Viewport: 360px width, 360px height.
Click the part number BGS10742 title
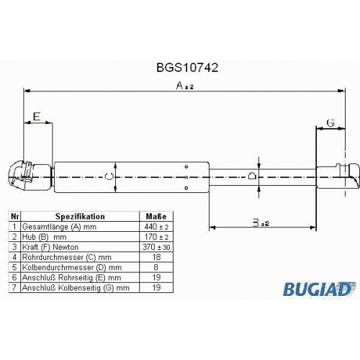coord(187,68)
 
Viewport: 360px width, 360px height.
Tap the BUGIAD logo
coord(319,289)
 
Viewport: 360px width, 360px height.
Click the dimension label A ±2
coord(184,86)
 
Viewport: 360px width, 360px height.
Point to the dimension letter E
coord(37,117)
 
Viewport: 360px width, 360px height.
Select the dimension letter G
coord(330,123)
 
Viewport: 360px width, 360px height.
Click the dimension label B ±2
coord(261,222)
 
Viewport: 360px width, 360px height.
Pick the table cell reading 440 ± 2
coord(156,227)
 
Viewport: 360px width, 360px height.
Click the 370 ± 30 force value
coord(156,247)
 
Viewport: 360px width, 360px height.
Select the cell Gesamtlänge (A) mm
coord(59,227)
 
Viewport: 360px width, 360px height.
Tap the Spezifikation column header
coord(80,217)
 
